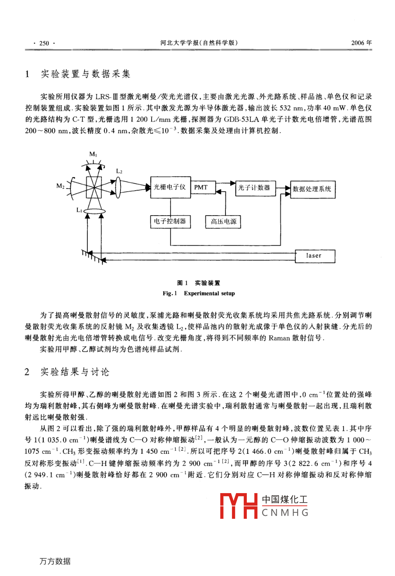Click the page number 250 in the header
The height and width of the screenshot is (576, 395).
click(44, 43)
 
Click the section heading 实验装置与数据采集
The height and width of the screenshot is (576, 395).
click(85, 74)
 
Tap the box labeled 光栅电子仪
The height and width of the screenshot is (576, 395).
click(170, 188)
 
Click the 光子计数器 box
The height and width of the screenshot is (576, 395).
click(254, 188)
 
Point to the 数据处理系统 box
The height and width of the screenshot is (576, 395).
click(312, 189)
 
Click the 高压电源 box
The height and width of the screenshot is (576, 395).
click(223, 222)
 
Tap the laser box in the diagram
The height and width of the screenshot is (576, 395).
click(314, 256)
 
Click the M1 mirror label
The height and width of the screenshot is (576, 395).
click(94, 154)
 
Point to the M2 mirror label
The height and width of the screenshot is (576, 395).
click(60, 186)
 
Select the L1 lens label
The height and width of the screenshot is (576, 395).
click(79, 210)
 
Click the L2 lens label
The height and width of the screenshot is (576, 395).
click(119, 171)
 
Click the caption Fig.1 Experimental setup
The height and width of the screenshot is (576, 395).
click(199, 293)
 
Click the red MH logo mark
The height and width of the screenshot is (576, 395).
click(239, 506)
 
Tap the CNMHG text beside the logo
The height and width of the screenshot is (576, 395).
click(285, 513)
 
